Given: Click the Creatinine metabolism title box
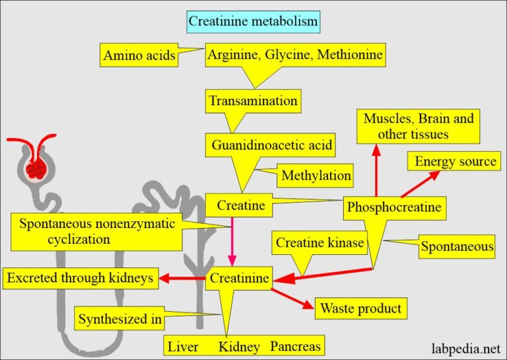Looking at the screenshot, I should pyautogui.click(x=253, y=22).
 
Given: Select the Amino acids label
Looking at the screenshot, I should pyautogui.click(x=139, y=56).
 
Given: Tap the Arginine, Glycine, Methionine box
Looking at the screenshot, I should pyautogui.click(x=295, y=55).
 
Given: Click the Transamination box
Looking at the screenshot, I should pyautogui.click(x=253, y=102).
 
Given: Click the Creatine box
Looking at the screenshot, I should pyautogui.click(x=240, y=205).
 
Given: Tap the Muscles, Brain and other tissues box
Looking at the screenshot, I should pyautogui.click(x=419, y=126).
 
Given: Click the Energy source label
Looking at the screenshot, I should pyautogui.click(x=455, y=161).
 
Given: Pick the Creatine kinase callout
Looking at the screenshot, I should pyautogui.click(x=320, y=243).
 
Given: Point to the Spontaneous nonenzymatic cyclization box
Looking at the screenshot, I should pyautogui.click(x=97, y=231).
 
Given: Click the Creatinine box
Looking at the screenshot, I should pyautogui.click(x=239, y=279).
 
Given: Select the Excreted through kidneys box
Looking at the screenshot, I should pyautogui.click(x=81, y=279).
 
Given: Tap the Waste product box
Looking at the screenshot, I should pyautogui.click(x=360, y=308).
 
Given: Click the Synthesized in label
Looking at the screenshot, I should pyautogui.click(x=120, y=320).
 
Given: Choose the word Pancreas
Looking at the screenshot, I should pyautogui.click(x=295, y=346).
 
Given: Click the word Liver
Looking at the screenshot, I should pyautogui.click(x=183, y=346).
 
